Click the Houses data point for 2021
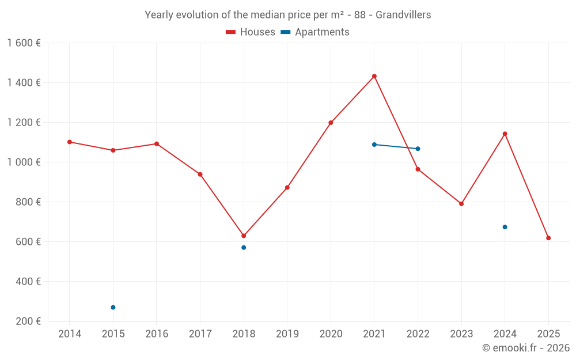(x=374, y=76)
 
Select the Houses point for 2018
(x=244, y=236)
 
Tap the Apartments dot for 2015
(x=113, y=308)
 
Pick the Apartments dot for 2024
(x=505, y=227)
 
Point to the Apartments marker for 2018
(x=244, y=248)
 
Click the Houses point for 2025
(x=548, y=238)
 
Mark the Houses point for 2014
(x=70, y=142)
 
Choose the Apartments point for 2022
(x=418, y=149)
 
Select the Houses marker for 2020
(x=331, y=123)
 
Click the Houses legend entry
(x=251, y=32)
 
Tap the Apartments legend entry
(x=316, y=32)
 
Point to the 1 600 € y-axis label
(x=24, y=43)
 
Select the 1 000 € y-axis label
(x=24, y=162)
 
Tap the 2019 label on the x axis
(x=287, y=334)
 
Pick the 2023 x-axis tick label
(x=461, y=334)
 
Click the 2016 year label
(x=157, y=334)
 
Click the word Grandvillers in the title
(x=403, y=15)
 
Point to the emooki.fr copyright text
(x=526, y=348)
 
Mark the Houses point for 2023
(x=461, y=204)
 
